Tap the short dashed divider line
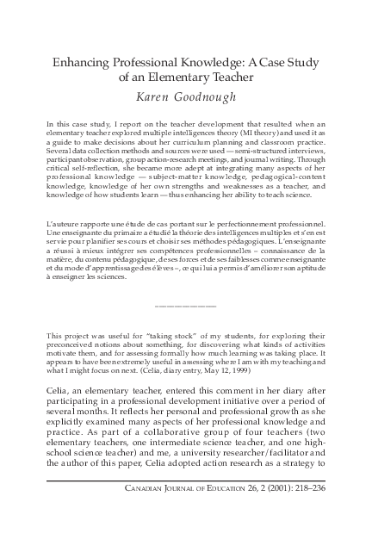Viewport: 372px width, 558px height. click(186, 307)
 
